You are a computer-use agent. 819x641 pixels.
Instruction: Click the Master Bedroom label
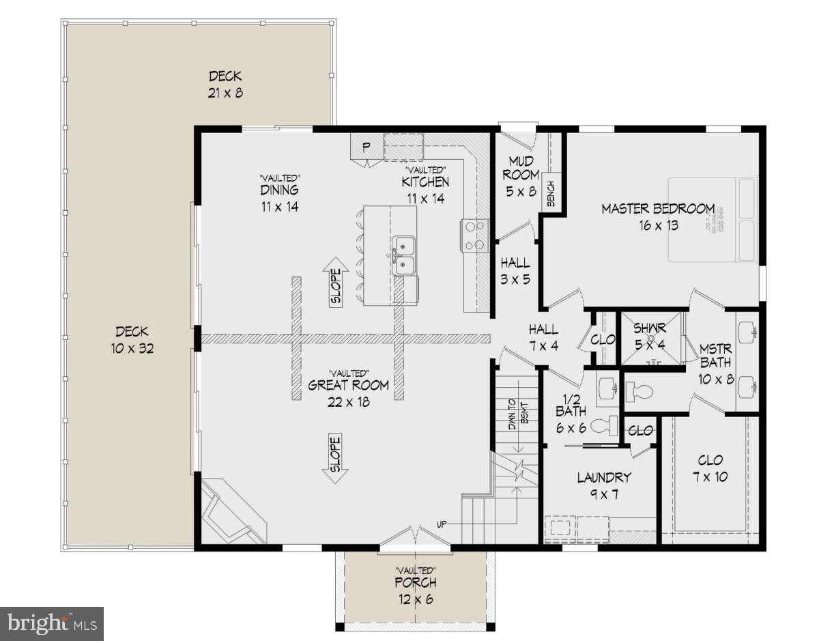pyautogui.click(x=657, y=209)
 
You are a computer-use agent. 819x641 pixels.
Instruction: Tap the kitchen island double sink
pyautogui.click(x=404, y=254)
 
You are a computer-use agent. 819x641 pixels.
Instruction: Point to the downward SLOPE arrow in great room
pyautogui.click(x=336, y=459)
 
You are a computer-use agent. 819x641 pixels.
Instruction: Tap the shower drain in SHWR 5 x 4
pyautogui.click(x=652, y=338)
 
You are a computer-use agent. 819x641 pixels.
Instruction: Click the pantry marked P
pyautogui.click(x=366, y=146)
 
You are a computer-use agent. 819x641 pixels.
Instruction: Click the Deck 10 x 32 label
pyautogui.click(x=132, y=339)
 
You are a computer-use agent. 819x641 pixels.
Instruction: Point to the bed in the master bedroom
pyautogui.click(x=713, y=220)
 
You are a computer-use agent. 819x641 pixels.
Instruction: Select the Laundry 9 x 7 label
pyautogui.click(x=603, y=485)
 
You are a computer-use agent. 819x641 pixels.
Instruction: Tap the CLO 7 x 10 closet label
pyautogui.click(x=710, y=468)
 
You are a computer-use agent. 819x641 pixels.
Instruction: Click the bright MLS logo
pyautogui.click(x=52, y=623)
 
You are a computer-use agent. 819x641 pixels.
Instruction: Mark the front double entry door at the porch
pyautogui.click(x=414, y=538)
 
